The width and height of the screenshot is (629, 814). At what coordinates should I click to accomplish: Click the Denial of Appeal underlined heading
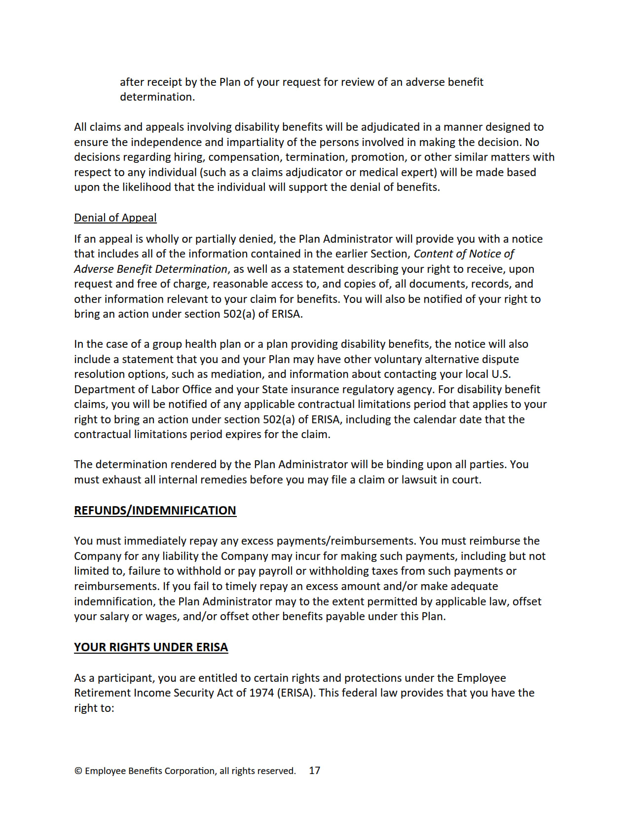click(115, 218)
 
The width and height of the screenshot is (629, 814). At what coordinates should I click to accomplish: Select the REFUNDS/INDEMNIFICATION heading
click(155, 510)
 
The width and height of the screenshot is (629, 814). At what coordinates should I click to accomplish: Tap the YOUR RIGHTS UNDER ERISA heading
click(151, 647)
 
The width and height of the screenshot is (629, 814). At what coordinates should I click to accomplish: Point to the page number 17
click(314, 771)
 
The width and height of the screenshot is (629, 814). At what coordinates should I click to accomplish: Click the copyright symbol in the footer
click(78, 771)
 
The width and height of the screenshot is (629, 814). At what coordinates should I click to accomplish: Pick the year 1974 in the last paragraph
click(261, 693)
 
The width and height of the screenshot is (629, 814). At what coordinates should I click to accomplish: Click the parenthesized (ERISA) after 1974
click(296, 693)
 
